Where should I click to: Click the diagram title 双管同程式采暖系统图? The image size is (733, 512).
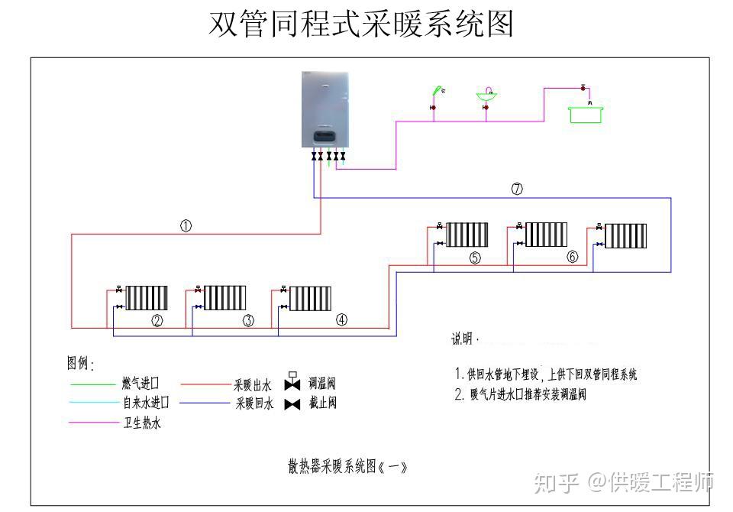pyautogui.click(x=361, y=24)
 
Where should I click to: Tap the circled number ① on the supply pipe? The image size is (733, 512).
pyautogui.click(x=186, y=225)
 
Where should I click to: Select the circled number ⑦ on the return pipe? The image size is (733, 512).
pyautogui.click(x=517, y=188)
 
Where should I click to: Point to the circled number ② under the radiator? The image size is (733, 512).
pyautogui.click(x=157, y=321)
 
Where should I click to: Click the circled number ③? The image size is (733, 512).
pyautogui.click(x=248, y=321)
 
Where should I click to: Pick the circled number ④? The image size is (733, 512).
pyautogui.click(x=341, y=320)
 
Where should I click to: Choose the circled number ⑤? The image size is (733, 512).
pyautogui.click(x=475, y=258)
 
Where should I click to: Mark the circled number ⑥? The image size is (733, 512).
pyautogui.click(x=573, y=258)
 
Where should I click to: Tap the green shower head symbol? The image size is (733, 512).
pyautogui.click(x=438, y=91)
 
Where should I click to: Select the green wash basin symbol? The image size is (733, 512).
pyautogui.click(x=486, y=95)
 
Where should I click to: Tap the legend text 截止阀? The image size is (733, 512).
pyautogui.click(x=322, y=403)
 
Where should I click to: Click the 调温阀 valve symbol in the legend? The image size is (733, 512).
pyautogui.click(x=292, y=381)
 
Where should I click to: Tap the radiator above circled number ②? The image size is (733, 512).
pyautogui.click(x=147, y=297)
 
